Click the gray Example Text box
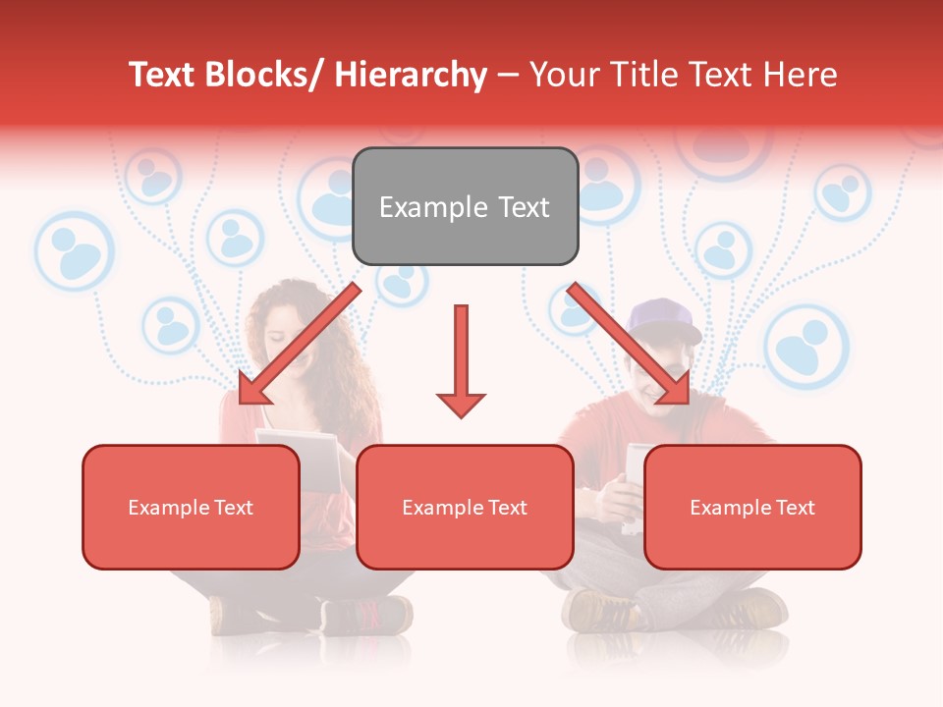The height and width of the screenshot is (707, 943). point(465,206)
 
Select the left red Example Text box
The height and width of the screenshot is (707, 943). point(191,507)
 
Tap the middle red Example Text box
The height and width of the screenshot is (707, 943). point(465,507)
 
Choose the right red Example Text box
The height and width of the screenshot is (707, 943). point(752,507)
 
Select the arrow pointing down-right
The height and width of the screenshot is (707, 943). point(630,345)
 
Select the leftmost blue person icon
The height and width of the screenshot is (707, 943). point(75,251)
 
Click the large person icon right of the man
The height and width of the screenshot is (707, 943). point(805,346)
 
